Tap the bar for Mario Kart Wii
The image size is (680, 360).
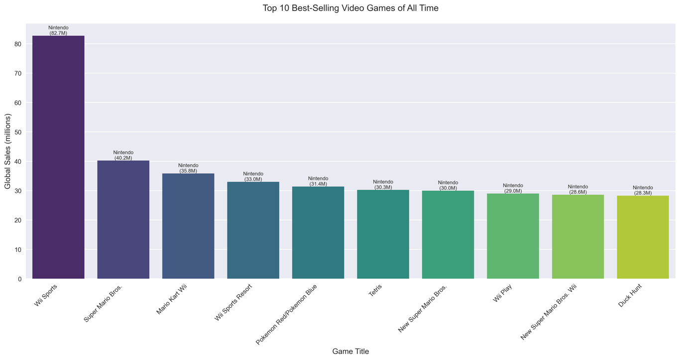pos(188,226)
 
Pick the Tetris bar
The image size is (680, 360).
pos(383,234)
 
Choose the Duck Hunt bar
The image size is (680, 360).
pos(643,237)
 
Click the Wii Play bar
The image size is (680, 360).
pos(513,236)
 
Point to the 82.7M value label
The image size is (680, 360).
pos(58,33)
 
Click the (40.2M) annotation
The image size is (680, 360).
pos(123,158)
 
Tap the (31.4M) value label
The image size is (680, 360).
pos(318,184)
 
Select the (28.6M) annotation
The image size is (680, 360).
pos(578,192)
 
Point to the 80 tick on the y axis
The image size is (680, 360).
pos(18,44)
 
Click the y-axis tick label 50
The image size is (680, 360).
pos(18,132)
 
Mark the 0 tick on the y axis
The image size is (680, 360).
pos(20,279)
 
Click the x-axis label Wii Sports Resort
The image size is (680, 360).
pos(233,302)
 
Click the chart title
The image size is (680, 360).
pos(350,8)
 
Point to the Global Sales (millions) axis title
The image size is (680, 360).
pos(7,151)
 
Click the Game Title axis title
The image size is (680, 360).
pos(350,352)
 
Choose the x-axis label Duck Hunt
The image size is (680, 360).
pos(630,295)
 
